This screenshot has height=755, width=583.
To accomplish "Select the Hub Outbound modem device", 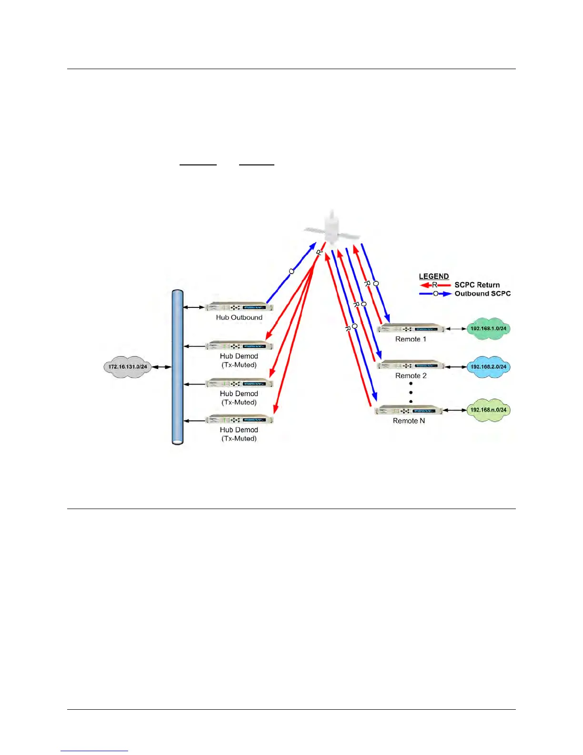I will tap(239, 306).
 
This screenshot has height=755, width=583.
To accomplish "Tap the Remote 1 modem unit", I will tap(411, 328).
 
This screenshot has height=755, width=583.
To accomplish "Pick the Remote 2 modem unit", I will tap(411, 365).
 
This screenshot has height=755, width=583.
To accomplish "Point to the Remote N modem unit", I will tap(409, 410).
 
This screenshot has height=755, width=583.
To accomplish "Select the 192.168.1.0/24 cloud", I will tap(488, 328).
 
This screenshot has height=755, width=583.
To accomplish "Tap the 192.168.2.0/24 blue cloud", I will tap(488, 367).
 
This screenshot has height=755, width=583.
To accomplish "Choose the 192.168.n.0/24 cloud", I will tap(488, 410).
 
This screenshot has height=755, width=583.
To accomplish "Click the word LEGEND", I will tap(433, 276).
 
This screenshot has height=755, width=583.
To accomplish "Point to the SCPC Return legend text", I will tap(477, 285).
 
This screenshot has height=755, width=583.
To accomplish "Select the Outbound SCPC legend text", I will tap(482, 294).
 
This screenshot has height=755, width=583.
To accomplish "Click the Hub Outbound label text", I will tap(239, 317).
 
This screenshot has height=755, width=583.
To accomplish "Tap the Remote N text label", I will tap(409, 421).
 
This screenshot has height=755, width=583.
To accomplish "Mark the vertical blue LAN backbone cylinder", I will tap(178, 367).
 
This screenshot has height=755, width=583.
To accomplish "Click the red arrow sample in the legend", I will tap(434, 285).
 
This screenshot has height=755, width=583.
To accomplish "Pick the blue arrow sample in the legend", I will tap(435, 294).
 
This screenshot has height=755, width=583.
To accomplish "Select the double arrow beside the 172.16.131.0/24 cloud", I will tap(161, 367).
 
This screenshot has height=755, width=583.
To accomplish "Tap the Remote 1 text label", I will tap(411, 339).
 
